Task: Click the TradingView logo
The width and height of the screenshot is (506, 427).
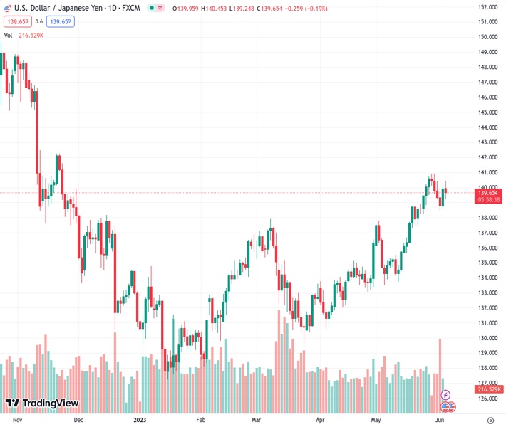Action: click(x=41, y=404)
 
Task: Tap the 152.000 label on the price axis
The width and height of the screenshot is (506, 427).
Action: click(x=487, y=7)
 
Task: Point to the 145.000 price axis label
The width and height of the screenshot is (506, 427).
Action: click(x=487, y=112)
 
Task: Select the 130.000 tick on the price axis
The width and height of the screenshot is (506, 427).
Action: click(x=487, y=338)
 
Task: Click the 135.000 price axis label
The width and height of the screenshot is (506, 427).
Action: click(x=487, y=263)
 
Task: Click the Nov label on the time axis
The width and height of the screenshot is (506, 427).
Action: click(x=18, y=420)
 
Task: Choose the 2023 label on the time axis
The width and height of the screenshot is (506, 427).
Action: click(x=140, y=420)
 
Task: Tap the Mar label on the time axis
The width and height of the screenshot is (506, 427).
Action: click(x=256, y=420)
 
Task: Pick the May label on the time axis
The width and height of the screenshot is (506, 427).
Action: click(x=376, y=420)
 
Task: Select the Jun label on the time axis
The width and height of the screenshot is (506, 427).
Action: click(x=440, y=420)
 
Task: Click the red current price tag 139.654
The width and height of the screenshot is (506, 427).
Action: click(x=488, y=193)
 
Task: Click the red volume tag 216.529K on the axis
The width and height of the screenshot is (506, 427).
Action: click(x=489, y=389)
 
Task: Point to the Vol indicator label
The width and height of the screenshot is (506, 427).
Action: click(x=9, y=35)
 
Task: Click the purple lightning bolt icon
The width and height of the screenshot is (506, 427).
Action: click(x=445, y=394)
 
